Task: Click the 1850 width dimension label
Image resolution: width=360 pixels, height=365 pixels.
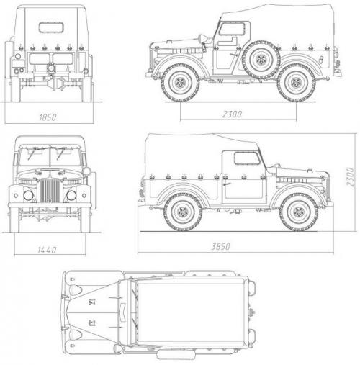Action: pos(48,117)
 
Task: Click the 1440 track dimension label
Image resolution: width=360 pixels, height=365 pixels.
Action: pos(47,250)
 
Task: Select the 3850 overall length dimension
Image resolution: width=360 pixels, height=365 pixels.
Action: pos(220,246)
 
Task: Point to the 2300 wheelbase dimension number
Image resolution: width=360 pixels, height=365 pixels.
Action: pos(232,114)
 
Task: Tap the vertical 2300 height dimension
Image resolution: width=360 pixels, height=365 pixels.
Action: pos(350,177)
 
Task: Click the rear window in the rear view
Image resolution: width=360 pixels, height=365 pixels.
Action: pos(51,27)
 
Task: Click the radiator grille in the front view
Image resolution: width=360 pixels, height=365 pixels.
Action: pos(50,191)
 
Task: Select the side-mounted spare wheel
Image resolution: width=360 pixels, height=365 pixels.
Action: pos(261,60)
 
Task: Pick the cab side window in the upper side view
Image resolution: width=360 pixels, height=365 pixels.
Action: pos(232,29)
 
